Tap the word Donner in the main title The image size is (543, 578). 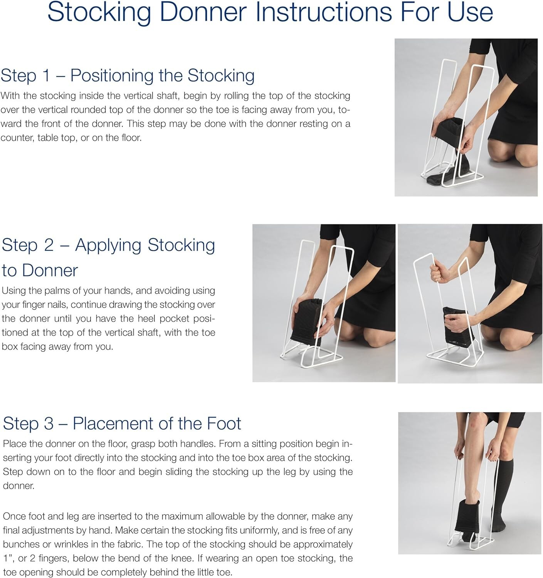pyautogui.click(x=203, y=12)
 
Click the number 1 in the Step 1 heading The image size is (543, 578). pyautogui.click(x=46, y=75)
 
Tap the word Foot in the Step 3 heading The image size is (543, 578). pyautogui.click(x=224, y=423)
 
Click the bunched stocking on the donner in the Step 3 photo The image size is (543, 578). pyautogui.click(x=466, y=516)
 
